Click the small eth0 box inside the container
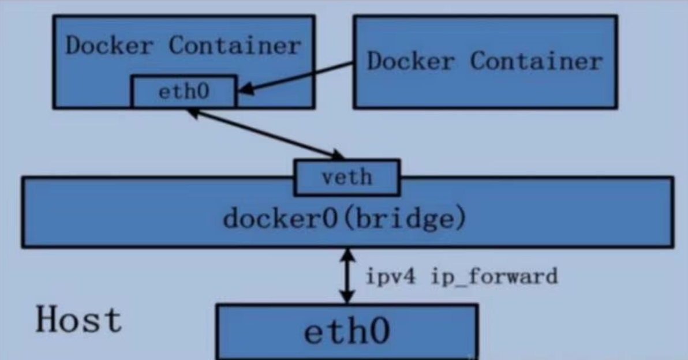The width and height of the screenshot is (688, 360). click(x=184, y=92)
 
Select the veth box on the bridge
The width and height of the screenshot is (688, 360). click(x=346, y=177)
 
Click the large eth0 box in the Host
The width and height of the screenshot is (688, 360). click(x=346, y=332)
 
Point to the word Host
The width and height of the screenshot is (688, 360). click(x=79, y=319)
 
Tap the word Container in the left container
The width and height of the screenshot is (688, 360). click(x=234, y=46)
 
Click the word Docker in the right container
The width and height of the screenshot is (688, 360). click(x=410, y=61)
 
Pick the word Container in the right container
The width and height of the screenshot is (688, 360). click(x=536, y=61)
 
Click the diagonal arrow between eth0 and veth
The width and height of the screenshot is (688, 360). click(x=266, y=134)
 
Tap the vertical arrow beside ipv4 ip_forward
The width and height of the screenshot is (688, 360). click(x=347, y=276)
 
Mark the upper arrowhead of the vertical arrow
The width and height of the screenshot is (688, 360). click(x=347, y=254)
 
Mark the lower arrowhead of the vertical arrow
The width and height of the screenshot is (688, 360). click(x=347, y=297)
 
